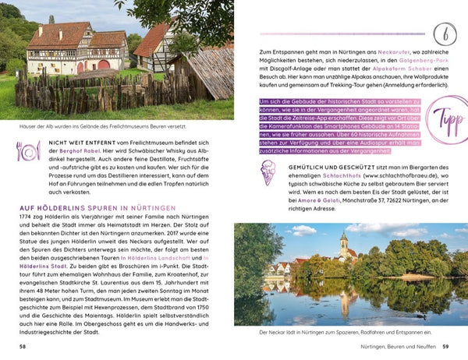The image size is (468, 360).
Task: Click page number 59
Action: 445,347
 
